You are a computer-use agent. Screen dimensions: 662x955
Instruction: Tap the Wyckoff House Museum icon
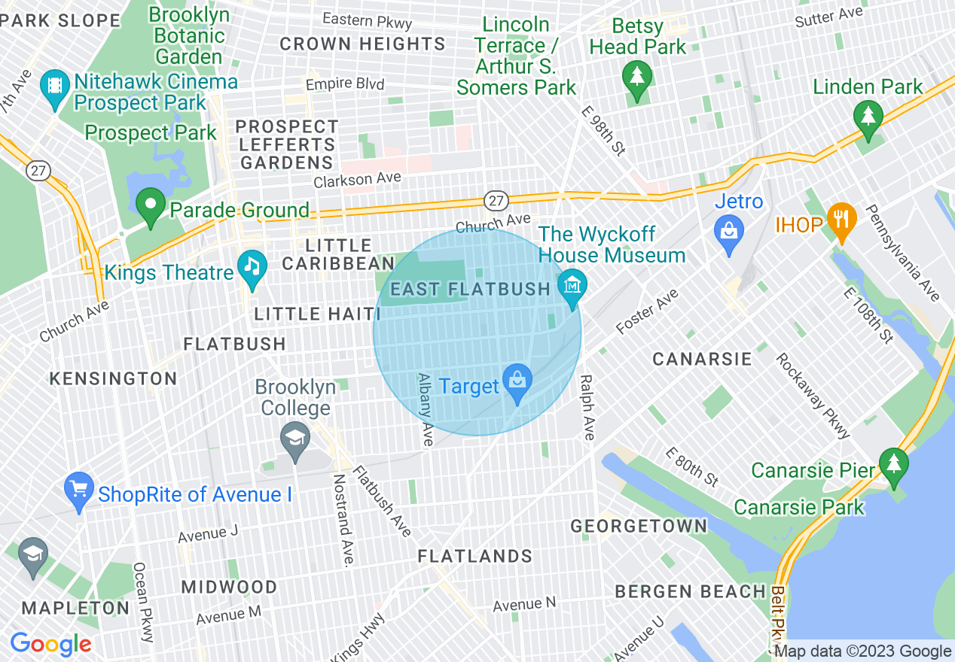(x=572, y=287)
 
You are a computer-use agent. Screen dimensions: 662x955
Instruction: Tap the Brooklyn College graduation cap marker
(x=294, y=439)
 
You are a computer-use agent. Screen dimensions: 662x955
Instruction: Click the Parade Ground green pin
(x=151, y=205)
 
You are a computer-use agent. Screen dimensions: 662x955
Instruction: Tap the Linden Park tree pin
(x=868, y=118)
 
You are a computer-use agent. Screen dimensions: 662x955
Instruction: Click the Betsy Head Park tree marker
(x=637, y=77)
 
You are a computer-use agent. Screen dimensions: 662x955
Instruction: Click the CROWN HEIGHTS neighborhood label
(x=362, y=44)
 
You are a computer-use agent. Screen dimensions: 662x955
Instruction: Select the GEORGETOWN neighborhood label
(x=639, y=526)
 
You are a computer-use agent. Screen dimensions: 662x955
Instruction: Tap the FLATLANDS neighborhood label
(x=475, y=557)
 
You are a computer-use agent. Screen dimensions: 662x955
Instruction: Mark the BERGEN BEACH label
(x=691, y=592)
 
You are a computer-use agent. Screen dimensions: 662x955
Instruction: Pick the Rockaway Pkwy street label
(x=813, y=396)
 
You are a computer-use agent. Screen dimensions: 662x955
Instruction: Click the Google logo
(x=50, y=644)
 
